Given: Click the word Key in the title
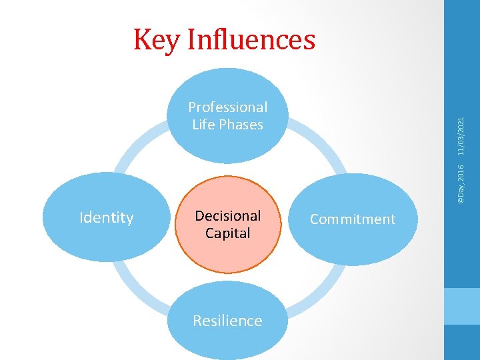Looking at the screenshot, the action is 157,39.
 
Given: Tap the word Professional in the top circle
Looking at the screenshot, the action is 227,107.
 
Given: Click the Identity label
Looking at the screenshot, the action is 107,218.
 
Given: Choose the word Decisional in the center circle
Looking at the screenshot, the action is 227,216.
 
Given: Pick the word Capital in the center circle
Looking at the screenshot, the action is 227,233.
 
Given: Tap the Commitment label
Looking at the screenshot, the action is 353,219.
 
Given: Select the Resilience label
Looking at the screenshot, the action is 227,321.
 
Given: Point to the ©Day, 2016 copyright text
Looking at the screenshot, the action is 461,179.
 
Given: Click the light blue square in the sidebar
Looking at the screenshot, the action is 461,306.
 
